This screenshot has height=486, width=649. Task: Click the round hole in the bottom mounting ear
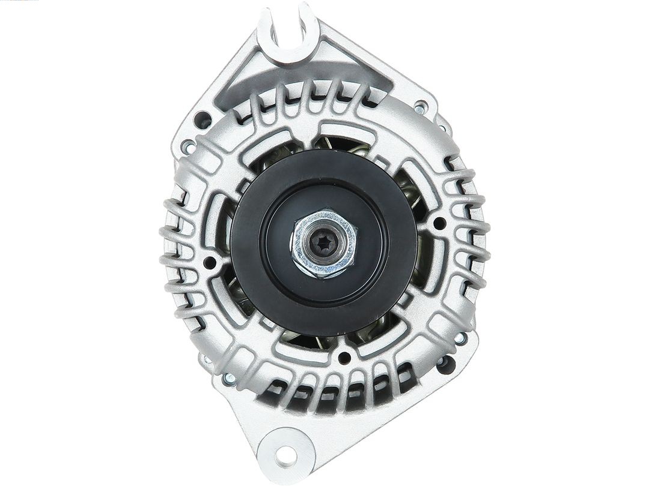287,455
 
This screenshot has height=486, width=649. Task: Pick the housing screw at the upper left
189,146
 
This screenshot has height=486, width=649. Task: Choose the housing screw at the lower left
228,379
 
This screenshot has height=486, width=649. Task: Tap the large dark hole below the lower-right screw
445,364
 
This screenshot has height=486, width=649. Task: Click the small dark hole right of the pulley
439,223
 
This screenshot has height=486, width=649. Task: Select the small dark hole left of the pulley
210,263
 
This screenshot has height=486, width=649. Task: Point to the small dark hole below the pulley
344,358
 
